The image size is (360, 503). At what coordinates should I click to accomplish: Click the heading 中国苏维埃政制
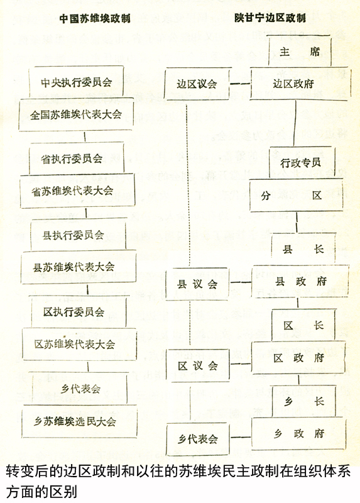[x=95, y=18]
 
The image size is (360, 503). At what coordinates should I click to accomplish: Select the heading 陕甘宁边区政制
[x=270, y=18]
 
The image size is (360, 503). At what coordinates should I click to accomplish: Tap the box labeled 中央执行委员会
[x=76, y=82]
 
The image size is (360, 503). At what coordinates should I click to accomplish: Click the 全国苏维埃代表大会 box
[x=75, y=114]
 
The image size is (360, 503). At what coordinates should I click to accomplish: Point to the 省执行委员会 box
[x=76, y=158]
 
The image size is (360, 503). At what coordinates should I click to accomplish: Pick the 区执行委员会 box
[x=79, y=311]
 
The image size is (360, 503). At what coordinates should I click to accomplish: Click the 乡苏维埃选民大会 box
[x=79, y=421]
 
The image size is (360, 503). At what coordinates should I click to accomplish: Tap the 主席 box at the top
[x=300, y=51]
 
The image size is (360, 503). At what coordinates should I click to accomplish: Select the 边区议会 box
[x=197, y=84]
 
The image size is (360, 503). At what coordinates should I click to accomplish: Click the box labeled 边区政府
[x=300, y=84]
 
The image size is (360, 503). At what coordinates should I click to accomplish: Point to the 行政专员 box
[x=301, y=163]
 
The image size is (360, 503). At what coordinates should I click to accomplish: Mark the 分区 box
[x=296, y=195]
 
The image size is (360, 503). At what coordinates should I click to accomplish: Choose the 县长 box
[x=303, y=249]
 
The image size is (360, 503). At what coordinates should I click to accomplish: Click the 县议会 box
[x=197, y=284]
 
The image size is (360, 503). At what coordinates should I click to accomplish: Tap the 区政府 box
[x=298, y=358]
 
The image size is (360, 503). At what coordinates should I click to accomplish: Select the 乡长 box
[x=303, y=401]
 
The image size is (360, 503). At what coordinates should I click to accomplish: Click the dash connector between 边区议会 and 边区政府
[x=240, y=84]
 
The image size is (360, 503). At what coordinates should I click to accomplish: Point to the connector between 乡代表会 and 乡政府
[x=241, y=437]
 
